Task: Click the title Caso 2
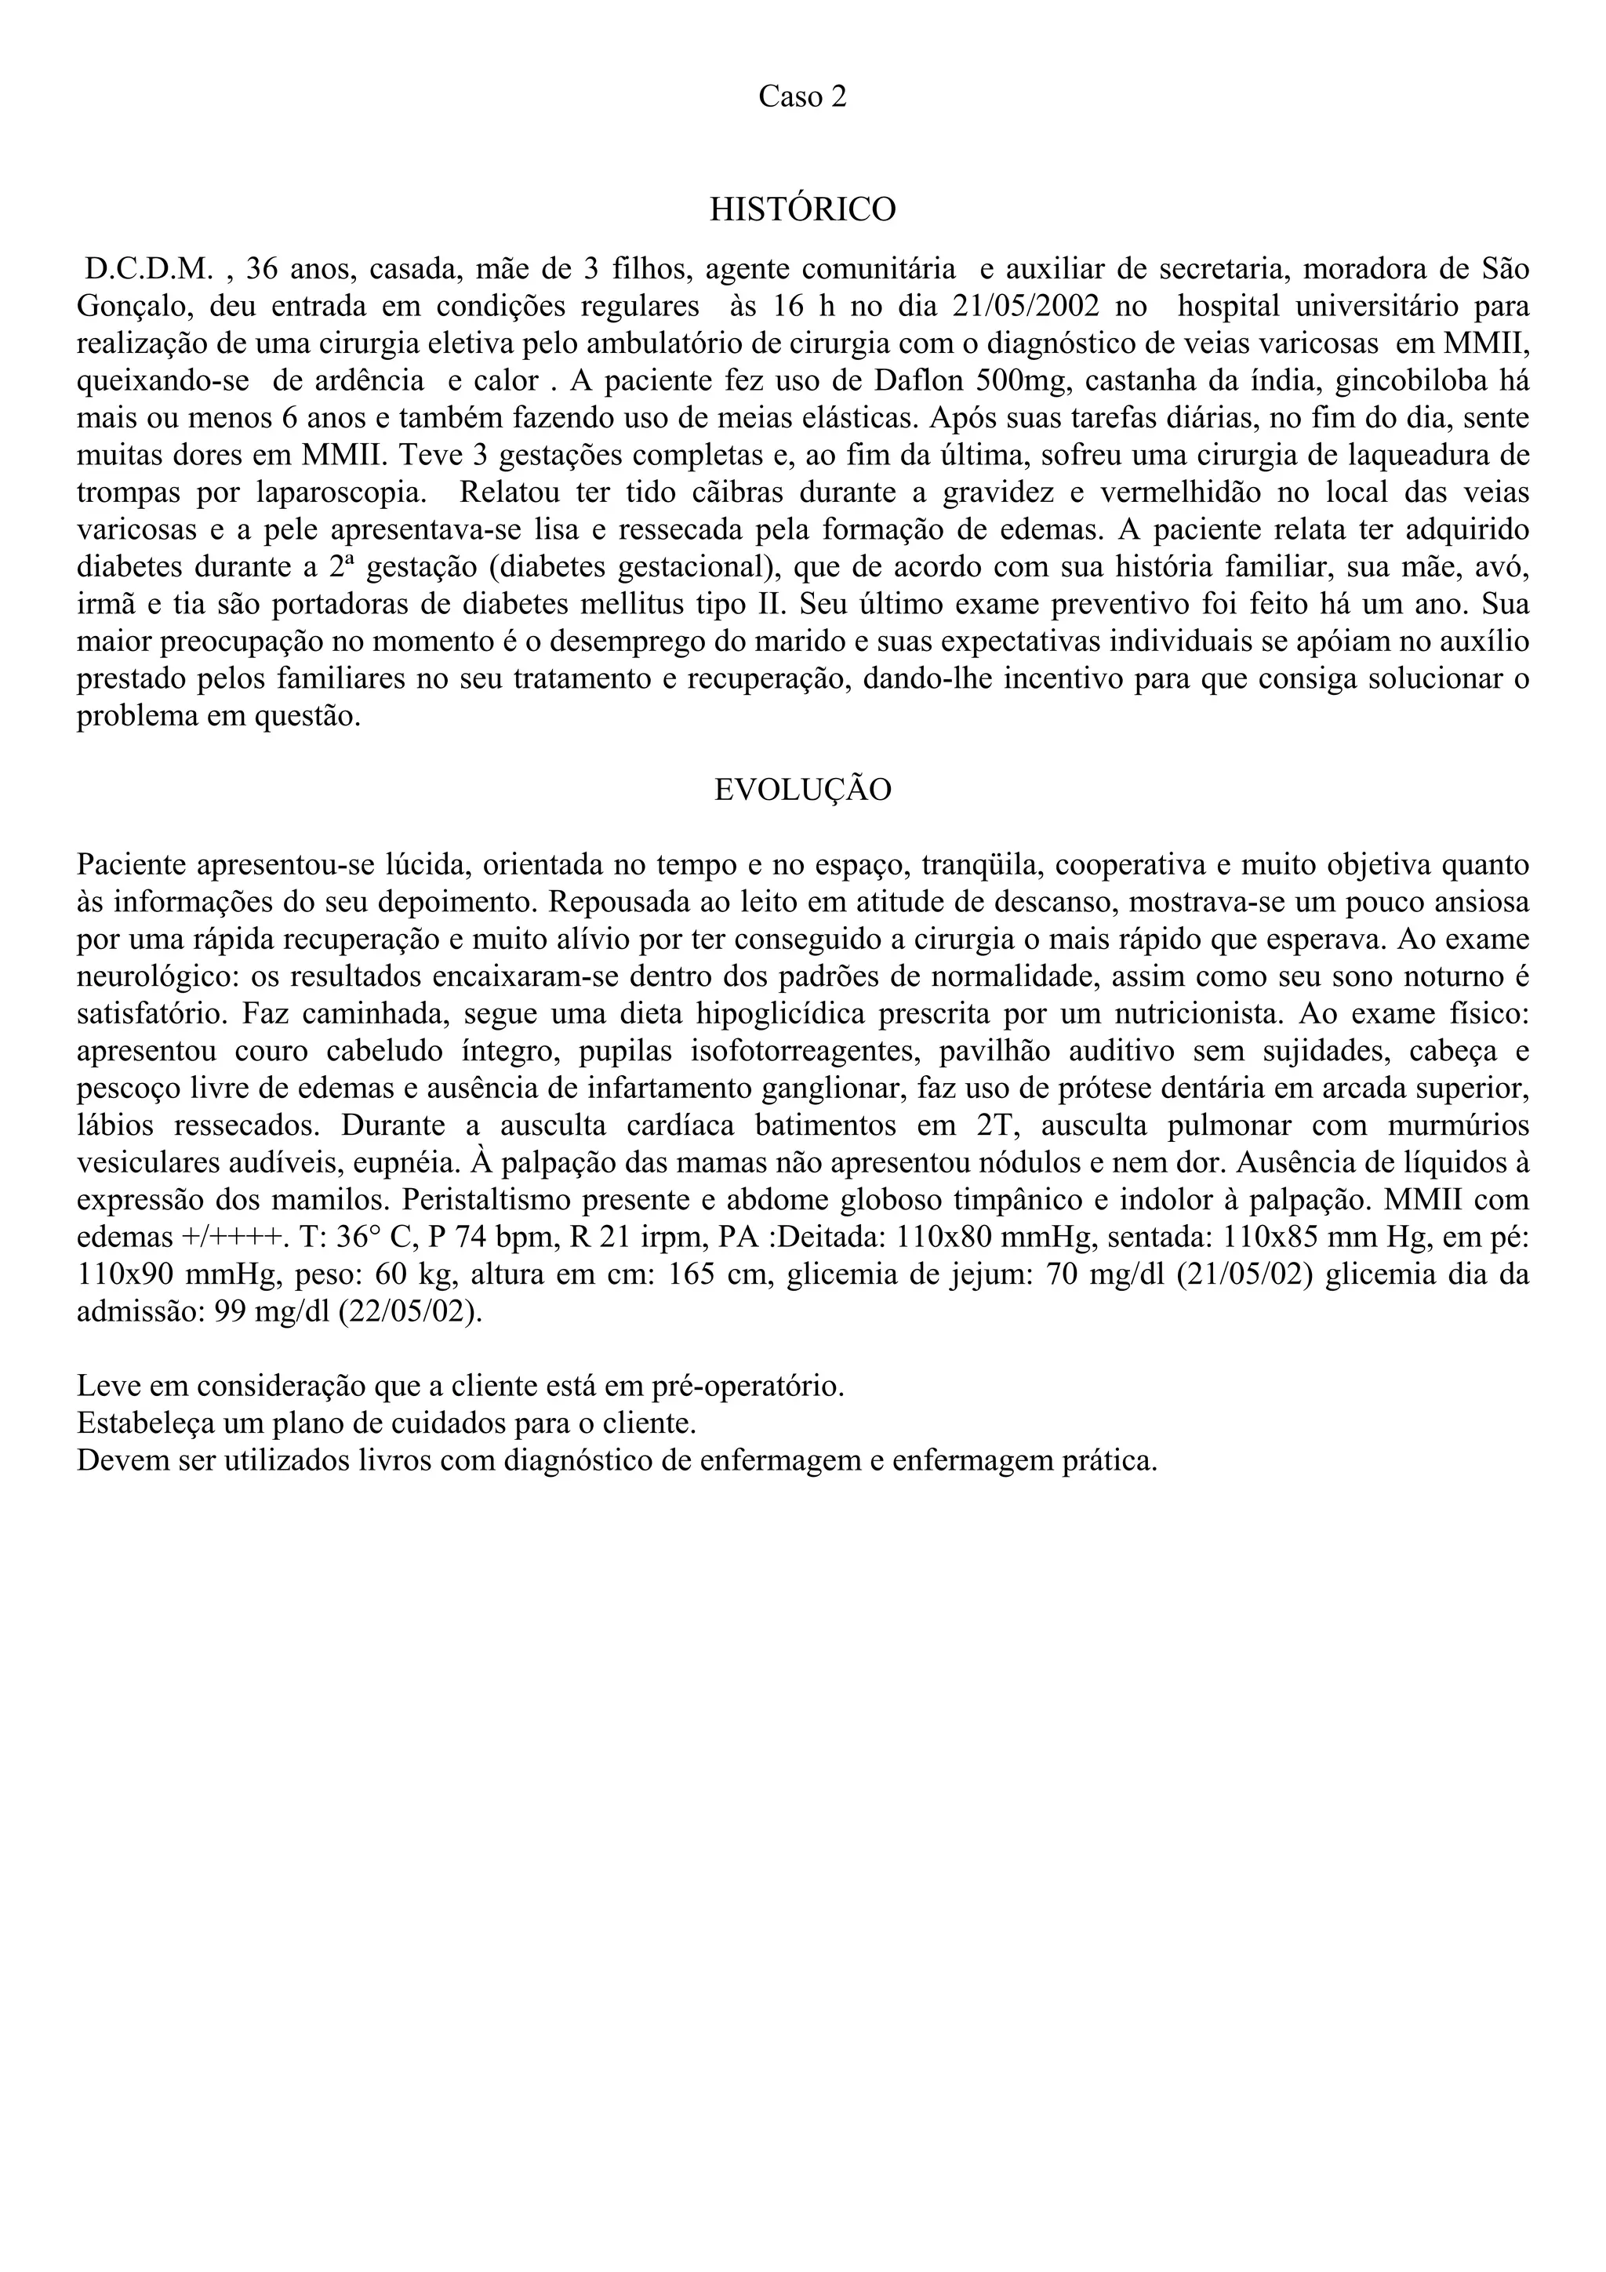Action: (802, 97)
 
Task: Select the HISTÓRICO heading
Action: (802, 209)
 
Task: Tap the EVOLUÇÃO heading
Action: (802, 790)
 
